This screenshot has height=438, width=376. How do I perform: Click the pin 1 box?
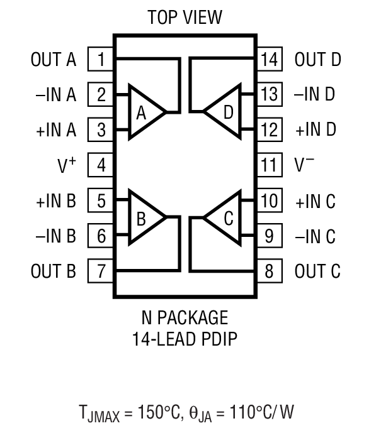(101, 60)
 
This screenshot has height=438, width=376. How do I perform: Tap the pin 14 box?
(269, 60)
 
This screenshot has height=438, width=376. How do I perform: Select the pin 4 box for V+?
(101, 166)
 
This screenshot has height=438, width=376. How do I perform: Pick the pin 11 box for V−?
(269, 166)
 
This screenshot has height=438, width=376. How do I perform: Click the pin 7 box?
(101, 271)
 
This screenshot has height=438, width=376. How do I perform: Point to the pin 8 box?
(269, 271)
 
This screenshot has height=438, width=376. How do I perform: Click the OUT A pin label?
(54, 60)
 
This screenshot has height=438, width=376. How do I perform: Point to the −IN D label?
(314, 96)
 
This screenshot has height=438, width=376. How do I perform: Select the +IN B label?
(55, 202)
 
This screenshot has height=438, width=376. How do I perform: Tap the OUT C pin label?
(317, 272)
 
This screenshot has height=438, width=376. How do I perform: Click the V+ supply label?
(67, 166)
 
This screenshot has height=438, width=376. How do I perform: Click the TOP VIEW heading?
(185, 18)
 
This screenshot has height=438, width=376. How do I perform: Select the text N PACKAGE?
(185, 316)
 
